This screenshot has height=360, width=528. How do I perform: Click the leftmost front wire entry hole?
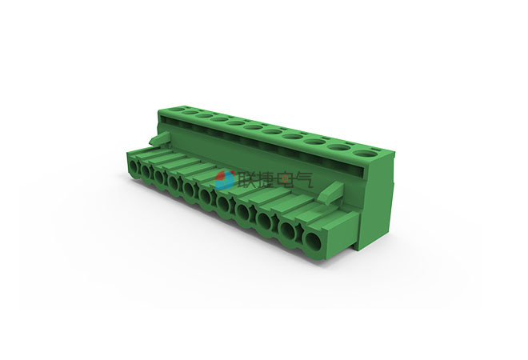click(x=134, y=166)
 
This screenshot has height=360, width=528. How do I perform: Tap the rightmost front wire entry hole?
click(x=314, y=241)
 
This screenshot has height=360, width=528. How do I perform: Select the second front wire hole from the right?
click(x=289, y=230)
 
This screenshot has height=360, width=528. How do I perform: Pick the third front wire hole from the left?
click(x=160, y=177)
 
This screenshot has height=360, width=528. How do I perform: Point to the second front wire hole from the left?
click(x=146, y=171)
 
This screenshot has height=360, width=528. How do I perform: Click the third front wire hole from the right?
click(x=265, y=221)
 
